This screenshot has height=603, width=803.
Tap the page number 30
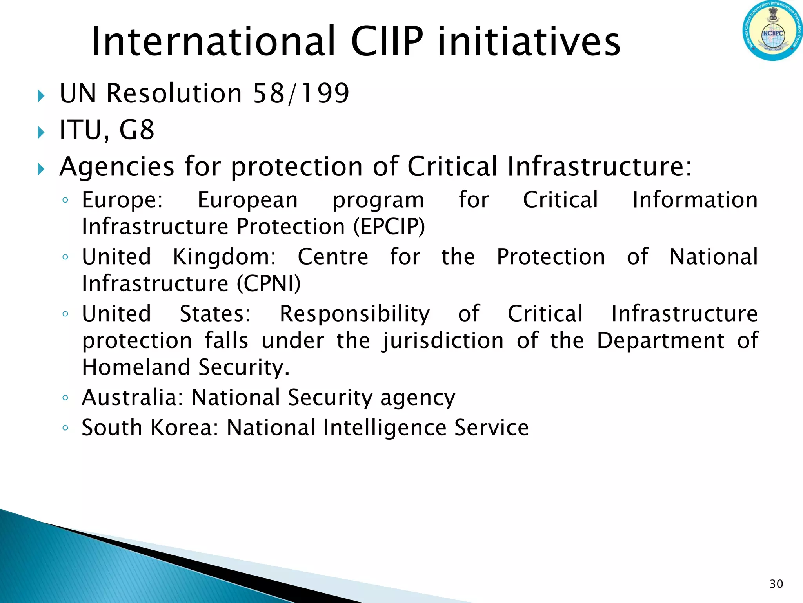click(x=776, y=584)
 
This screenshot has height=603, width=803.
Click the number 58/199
click(x=301, y=94)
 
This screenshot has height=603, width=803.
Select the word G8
click(x=136, y=130)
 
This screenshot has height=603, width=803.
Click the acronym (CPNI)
click(x=269, y=283)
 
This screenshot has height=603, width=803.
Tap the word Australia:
click(x=132, y=397)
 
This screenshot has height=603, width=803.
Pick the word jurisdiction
click(x=443, y=341)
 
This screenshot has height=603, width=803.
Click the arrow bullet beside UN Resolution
click(x=41, y=95)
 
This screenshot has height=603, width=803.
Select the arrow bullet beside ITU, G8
click(x=41, y=132)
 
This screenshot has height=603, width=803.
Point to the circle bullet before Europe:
click(x=65, y=201)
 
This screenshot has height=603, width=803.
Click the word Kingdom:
click(x=224, y=257)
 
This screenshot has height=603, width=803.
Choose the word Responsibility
click(x=354, y=314)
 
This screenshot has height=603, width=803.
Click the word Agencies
click(x=116, y=167)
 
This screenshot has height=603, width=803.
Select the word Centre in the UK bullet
click(x=333, y=257)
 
